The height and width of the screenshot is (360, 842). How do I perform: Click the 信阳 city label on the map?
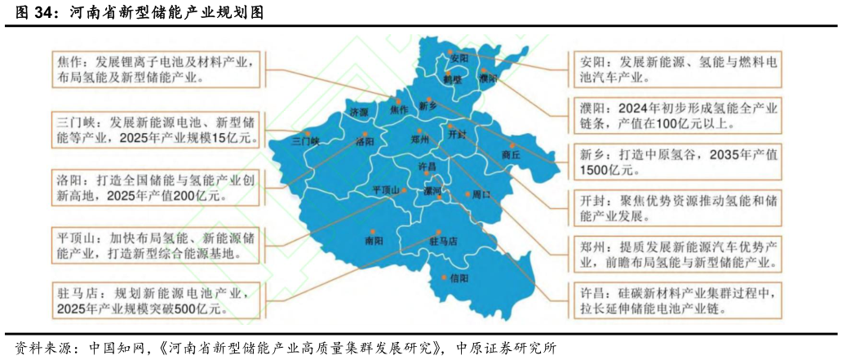459,278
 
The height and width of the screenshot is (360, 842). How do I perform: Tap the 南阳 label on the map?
374,241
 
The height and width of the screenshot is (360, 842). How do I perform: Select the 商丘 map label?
511,154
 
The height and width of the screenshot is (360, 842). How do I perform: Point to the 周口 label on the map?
481,195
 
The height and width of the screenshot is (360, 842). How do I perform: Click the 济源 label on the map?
358,111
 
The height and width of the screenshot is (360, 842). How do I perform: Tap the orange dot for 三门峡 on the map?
308,132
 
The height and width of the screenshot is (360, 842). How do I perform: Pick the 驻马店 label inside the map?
443,242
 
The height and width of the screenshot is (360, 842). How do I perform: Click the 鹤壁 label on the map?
453,79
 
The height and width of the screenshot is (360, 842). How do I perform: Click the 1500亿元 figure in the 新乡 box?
609,170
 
